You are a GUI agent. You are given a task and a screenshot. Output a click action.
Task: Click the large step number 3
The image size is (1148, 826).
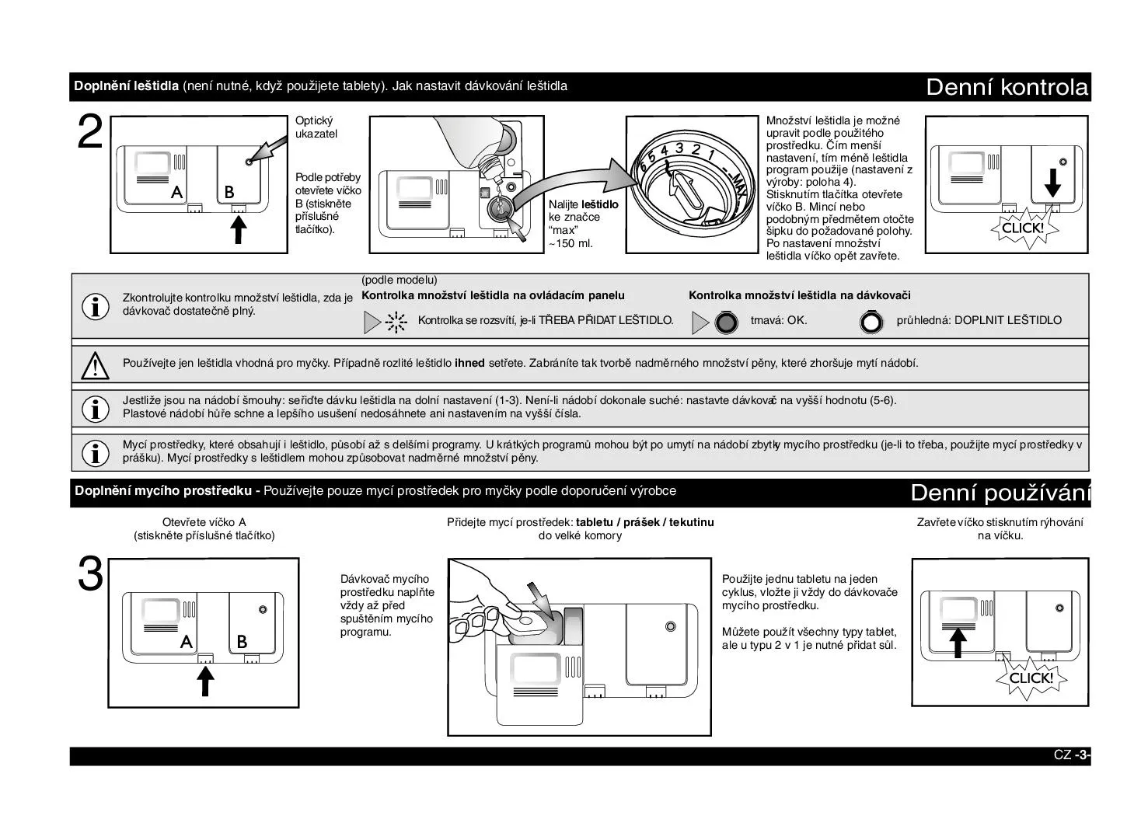tap(90, 576)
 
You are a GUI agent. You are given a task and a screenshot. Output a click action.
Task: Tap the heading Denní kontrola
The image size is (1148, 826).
tap(1007, 87)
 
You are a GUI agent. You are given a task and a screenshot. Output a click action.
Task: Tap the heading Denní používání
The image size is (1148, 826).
tap(1000, 493)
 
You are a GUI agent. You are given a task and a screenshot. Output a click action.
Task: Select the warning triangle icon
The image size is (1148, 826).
tap(95, 364)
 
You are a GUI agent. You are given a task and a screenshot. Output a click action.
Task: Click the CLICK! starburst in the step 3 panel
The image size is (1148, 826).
tap(1030, 678)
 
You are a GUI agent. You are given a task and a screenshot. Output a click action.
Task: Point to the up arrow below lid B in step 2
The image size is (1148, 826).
tap(239, 229)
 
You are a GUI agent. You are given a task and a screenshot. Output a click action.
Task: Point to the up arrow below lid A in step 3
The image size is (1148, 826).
tap(205, 681)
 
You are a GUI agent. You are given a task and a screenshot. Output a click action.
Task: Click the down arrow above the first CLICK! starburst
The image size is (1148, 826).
tap(1052, 183)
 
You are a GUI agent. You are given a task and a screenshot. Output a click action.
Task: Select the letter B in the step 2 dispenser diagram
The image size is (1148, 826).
tap(229, 191)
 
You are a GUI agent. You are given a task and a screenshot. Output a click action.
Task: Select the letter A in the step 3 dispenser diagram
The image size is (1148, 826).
tap(186, 642)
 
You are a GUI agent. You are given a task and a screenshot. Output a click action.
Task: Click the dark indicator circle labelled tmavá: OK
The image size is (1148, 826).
tap(726, 322)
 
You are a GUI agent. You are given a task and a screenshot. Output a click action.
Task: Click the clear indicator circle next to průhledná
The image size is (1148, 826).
tap(872, 322)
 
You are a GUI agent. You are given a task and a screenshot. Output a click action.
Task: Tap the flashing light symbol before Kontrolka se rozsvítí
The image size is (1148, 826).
tap(396, 322)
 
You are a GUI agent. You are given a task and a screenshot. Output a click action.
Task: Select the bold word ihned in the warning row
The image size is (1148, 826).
tap(469, 363)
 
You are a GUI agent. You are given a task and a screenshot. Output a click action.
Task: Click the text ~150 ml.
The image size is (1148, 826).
tap(571, 243)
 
